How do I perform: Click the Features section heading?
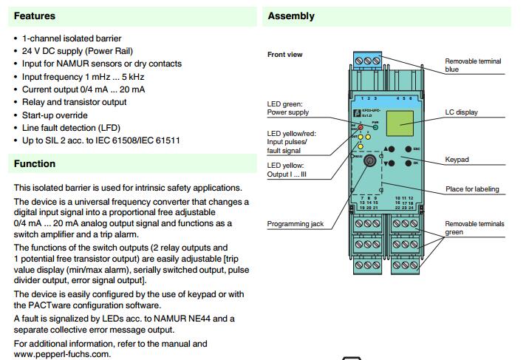point(35,16)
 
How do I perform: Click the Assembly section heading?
point(291,16)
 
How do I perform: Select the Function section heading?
point(35,163)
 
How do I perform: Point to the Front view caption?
point(285,55)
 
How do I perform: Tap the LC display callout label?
point(461,112)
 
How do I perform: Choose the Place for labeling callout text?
point(472,189)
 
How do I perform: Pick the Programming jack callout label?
point(295,223)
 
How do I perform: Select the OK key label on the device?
point(415,163)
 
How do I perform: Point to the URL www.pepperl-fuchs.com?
point(61,354)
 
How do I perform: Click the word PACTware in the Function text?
point(72,304)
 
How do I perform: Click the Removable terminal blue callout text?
point(473,65)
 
